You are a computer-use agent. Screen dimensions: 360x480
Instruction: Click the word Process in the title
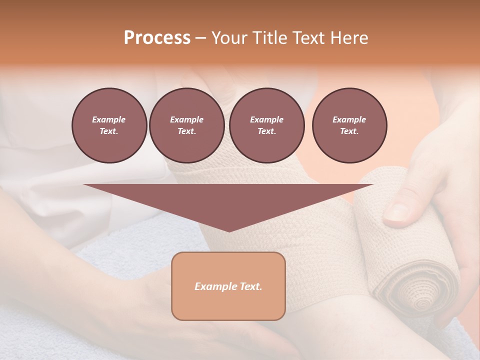click(157, 38)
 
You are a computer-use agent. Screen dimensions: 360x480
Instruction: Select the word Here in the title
click(349, 38)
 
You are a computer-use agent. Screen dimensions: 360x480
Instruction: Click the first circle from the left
click(109, 125)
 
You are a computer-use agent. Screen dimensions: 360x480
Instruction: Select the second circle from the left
click(186, 125)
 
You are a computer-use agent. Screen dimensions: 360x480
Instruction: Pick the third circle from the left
click(266, 125)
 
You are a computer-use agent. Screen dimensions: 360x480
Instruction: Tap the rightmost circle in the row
click(349, 125)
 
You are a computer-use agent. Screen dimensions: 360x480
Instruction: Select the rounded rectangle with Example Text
click(228, 286)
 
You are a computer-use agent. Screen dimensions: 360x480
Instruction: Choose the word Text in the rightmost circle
click(349, 131)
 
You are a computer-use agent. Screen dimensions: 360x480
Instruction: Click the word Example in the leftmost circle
click(109, 119)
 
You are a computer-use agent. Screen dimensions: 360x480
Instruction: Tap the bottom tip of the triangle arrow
click(229, 230)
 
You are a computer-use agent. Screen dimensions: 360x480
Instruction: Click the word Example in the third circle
click(266, 119)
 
